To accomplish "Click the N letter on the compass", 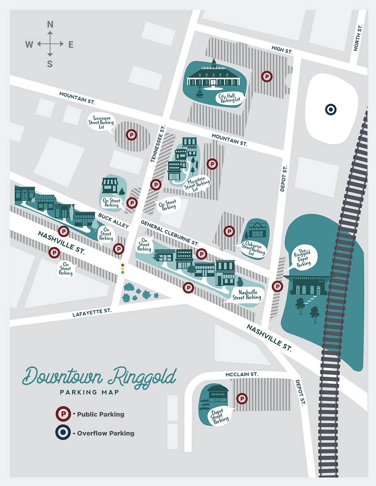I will click(x=50, y=24).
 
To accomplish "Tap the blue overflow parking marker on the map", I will click(x=331, y=109).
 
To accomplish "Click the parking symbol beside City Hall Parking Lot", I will click(x=266, y=76).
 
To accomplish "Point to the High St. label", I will click(x=282, y=50).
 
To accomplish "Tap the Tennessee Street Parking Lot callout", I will click(x=102, y=122).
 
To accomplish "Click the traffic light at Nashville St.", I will click(x=122, y=269).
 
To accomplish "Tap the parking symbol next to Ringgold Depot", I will click(x=277, y=286).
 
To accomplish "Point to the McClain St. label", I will click(x=242, y=375).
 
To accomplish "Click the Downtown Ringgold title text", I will click(x=99, y=376).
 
